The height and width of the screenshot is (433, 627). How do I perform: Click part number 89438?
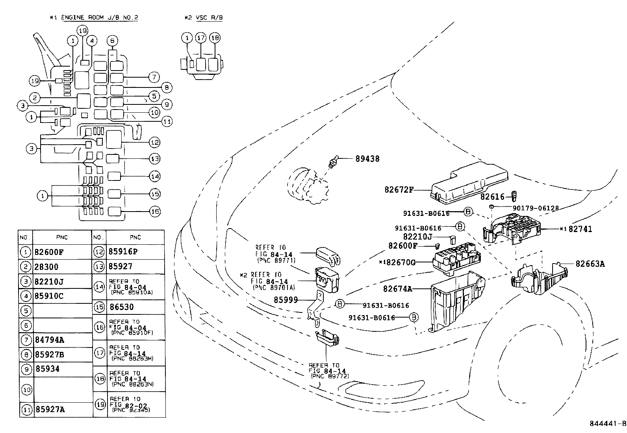coord(367,159)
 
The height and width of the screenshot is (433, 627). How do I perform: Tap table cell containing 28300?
coord(46,267)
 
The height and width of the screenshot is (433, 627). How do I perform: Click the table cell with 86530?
coord(121,307)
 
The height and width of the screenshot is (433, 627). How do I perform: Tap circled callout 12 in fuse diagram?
coord(154,142)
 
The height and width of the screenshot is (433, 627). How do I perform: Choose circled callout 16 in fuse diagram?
coord(155,212)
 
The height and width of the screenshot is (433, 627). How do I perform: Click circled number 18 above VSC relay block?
coord(215,38)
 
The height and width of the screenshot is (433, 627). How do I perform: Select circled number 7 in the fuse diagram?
coord(154,77)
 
